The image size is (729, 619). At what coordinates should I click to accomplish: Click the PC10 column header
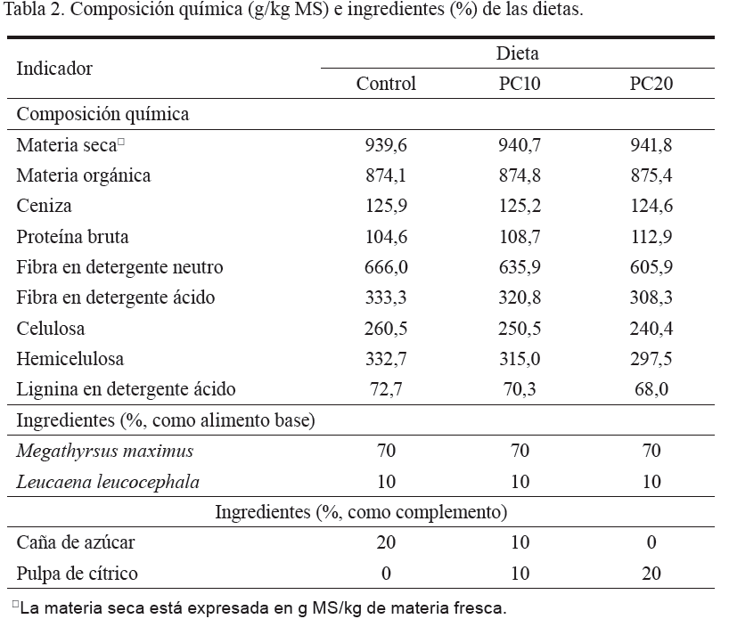pos(520,85)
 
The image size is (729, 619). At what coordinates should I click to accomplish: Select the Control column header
pos(386,85)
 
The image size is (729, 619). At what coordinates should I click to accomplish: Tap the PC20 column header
pos(651,85)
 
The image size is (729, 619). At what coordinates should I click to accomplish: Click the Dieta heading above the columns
pos(518,53)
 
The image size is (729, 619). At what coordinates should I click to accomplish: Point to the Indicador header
pos(54,69)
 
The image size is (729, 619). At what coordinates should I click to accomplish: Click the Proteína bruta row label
pos(73,237)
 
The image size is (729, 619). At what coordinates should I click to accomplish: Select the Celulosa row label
pos(51,329)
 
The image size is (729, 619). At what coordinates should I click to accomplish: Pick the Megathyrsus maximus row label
pos(105,451)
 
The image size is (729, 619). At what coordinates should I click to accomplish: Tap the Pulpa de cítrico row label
pos(78,574)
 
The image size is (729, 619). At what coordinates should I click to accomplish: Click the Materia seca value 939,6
pos(386,145)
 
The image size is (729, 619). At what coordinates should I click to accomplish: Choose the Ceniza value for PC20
pos(651,207)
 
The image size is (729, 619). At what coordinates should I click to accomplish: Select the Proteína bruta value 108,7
pos(520,237)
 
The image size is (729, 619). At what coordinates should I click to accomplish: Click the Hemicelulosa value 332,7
pos(386,359)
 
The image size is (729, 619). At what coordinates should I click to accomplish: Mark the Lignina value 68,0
pos(651,389)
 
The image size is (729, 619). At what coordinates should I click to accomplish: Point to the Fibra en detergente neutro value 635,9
pos(520,267)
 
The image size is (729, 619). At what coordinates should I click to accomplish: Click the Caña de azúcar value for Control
pos(386,542)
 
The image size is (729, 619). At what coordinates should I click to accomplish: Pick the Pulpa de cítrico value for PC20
pos(651,574)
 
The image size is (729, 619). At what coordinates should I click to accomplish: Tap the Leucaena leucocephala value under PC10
pos(520,482)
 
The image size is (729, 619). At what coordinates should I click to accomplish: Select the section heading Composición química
pos(102,114)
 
